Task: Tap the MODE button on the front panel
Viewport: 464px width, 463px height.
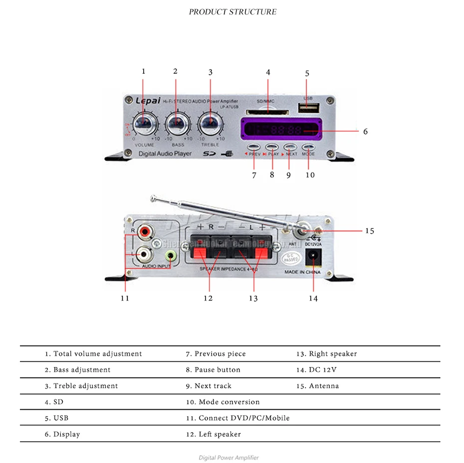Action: tap(309, 147)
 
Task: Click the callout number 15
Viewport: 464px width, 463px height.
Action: tap(369, 231)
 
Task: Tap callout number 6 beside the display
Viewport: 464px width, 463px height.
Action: tap(366, 132)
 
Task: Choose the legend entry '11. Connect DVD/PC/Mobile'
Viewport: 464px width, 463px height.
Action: tap(237, 418)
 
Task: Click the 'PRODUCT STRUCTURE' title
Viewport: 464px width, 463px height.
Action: tap(232, 11)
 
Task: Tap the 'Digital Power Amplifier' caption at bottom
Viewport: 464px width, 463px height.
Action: tap(229, 458)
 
